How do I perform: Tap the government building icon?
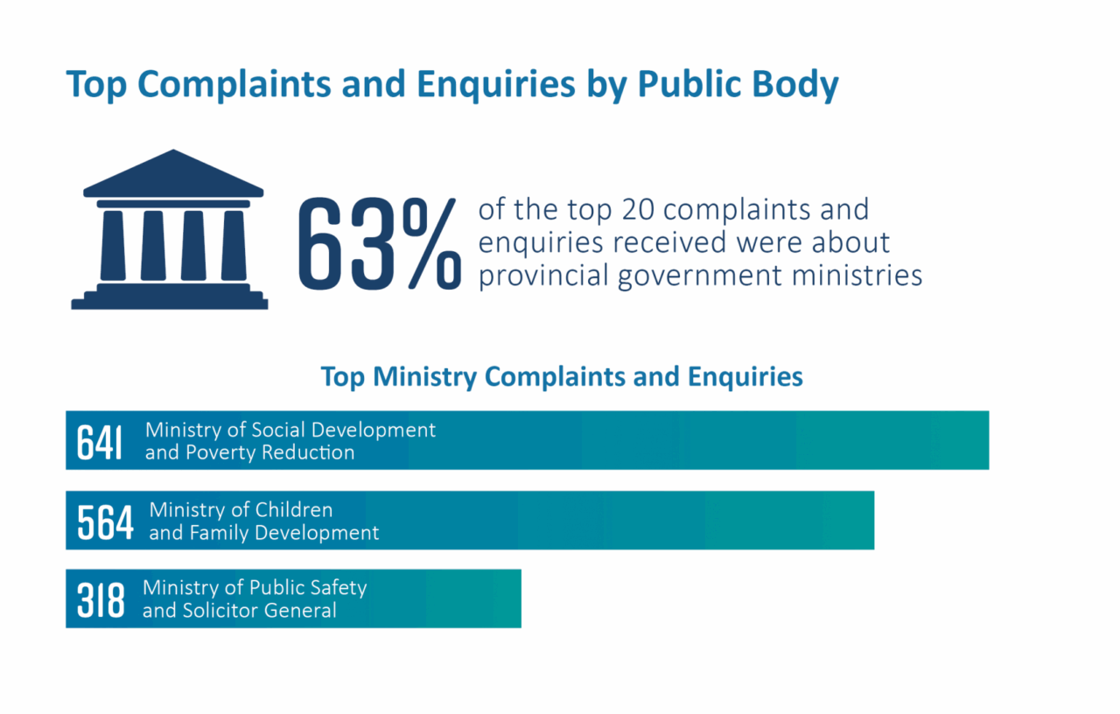[x=170, y=230]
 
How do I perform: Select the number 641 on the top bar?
[x=100, y=442]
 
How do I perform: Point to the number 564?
[x=105, y=521]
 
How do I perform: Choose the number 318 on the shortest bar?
[x=101, y=600]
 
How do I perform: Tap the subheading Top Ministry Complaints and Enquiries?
[x=561, y=376]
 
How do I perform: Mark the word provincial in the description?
[x=543, y=276]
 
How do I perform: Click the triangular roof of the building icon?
[x=173, y=175]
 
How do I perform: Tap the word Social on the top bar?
[x=278, y=430]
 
